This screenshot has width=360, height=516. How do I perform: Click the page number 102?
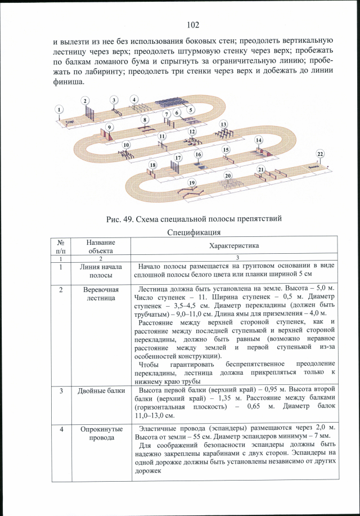pyautogui.click(x=193, y=25)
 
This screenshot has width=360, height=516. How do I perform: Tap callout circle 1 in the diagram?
pyautogui.click(x=59, y=109)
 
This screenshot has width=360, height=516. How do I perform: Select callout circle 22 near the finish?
pyautogui.click(x=320, y=154)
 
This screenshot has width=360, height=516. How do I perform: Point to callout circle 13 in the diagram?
pyautogui.click(x=223, y=124)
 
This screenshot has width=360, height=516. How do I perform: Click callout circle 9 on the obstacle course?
pyautogui.click(x=191, y=110)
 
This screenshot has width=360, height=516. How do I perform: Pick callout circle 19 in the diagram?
pyautogui.click(x=192, y=183)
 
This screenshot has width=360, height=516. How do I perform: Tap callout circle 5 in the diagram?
pyautogui.click(x=191, y=110)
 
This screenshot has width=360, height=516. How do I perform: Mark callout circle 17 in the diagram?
pyautogui.click(x=178, y=158)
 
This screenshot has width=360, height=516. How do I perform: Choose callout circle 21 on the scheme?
pyautogui.click(x=260, y=169)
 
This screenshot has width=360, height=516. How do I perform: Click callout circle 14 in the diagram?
pyautogui.click(x=259, y=140)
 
